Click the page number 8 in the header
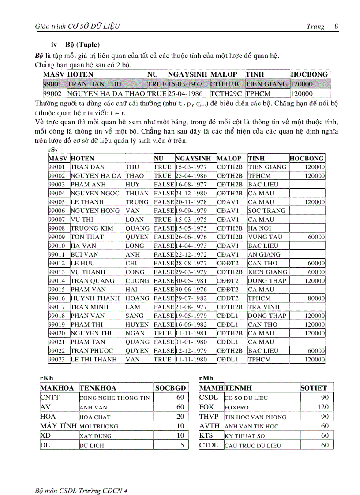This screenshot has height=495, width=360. pos(336,26)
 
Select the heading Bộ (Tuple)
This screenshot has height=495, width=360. pos(82,45)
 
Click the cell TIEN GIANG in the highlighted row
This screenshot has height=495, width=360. pos(266,84)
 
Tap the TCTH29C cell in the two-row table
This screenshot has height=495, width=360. pos(226,93)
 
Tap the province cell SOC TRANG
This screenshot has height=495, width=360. pos(266,211)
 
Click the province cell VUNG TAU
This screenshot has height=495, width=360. pos(265,237)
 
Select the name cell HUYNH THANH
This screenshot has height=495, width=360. pos(95,298)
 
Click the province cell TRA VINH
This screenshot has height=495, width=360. pos(263,307)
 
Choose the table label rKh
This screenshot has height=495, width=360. pos(46,378)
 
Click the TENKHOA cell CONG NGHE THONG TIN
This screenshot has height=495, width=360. pos(114,398)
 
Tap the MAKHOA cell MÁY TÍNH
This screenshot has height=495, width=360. pos(58,426)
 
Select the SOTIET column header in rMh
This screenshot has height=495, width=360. pos(314,388)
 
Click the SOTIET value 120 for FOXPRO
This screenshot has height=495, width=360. pos(323,407)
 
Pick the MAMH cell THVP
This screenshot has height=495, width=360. pos(209,417)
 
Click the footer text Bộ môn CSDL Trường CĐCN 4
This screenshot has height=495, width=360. pos(81,478)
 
